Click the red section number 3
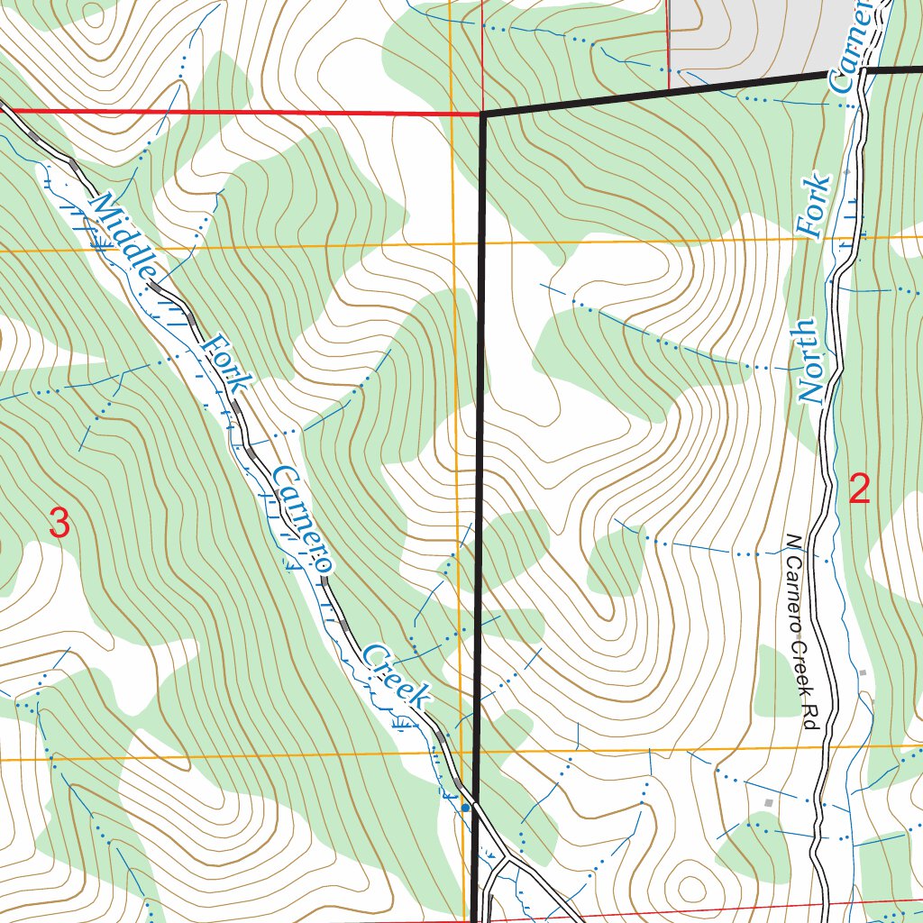pos(59,524)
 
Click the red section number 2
pos(860,489)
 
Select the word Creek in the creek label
pos(397,676)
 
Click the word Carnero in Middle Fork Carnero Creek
pos(300,520)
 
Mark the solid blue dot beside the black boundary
pos(465,809)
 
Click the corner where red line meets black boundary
pos(484,115)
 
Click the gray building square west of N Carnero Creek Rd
pos(768,802)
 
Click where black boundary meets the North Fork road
pos(863,70)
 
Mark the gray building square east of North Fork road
pos(863,672)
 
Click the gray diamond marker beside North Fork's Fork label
pos(846,170)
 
